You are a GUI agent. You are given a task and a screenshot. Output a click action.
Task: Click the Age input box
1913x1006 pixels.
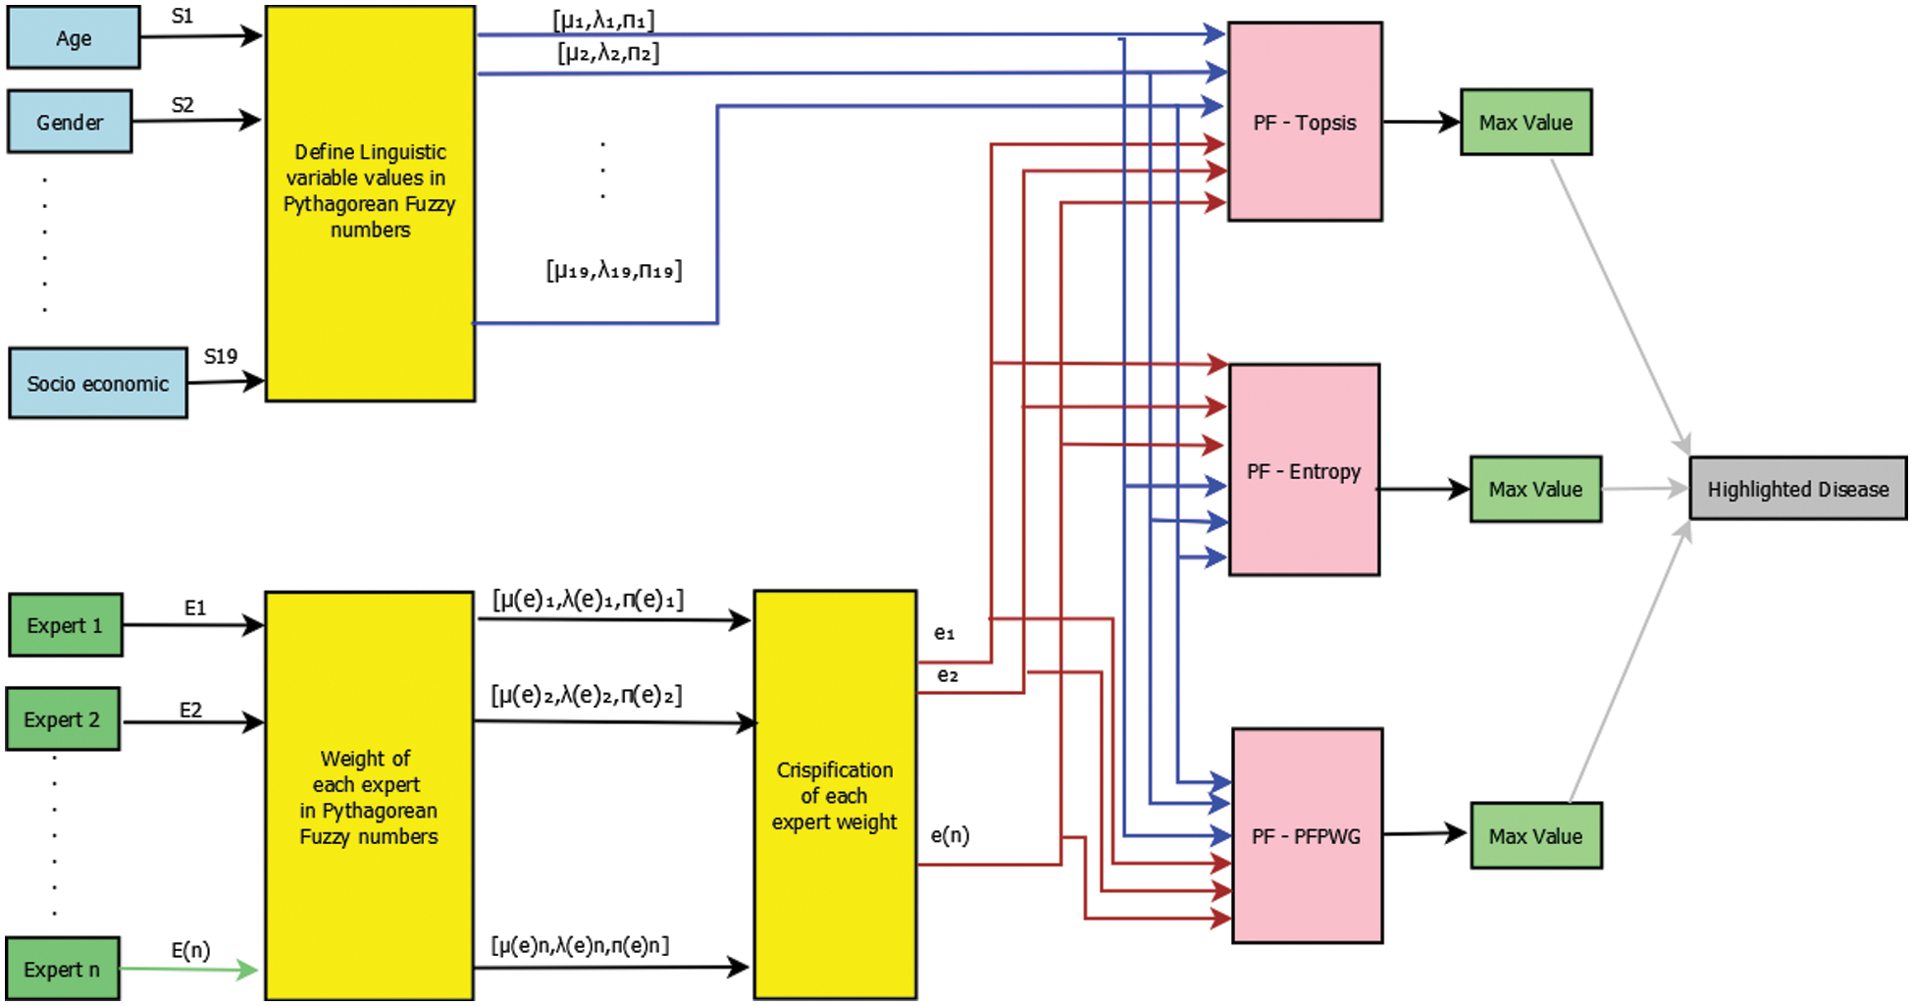click(74, 38)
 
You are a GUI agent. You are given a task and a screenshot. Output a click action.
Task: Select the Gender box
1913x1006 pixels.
click(70, 122)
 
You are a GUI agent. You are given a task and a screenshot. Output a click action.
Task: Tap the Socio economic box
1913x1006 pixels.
click(98, 383)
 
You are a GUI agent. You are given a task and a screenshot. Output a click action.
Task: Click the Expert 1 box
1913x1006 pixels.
click(66, 625)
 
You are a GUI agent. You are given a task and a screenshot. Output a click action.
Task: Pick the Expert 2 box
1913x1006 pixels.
click(64, 719)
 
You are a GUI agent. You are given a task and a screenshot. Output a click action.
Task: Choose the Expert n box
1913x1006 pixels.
click(63, 970)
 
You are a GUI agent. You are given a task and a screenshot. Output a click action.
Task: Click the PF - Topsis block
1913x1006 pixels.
click(1305, 123)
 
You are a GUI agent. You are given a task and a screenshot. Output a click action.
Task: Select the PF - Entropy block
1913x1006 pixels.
click(1304, 471)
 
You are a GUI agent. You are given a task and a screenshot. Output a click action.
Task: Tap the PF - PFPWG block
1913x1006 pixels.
click(1307, 836)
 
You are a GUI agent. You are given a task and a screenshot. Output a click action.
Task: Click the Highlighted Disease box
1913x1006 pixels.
click(1797, 489)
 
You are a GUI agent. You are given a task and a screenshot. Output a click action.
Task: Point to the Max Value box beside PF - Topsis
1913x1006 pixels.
click(1525, 123)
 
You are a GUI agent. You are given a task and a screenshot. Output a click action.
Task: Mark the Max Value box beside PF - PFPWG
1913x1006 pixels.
click(1535, 836)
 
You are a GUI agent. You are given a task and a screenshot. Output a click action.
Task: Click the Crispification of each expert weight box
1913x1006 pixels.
click(835, 795)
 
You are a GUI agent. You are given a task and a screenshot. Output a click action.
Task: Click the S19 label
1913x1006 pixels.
click(221, 356)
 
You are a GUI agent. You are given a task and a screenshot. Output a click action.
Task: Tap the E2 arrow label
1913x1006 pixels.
click(190, 710)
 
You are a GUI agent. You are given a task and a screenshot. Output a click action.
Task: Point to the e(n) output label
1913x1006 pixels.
click(950, 835)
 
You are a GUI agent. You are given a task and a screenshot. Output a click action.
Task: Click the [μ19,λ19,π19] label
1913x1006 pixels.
click(614, 270)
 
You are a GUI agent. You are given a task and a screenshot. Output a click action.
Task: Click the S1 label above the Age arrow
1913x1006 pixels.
click(182, 17)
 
